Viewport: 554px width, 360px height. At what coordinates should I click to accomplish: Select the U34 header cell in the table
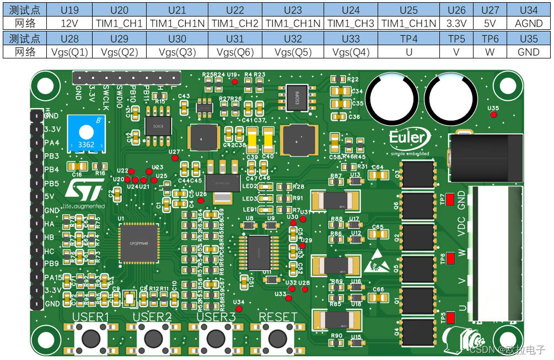(528, 10)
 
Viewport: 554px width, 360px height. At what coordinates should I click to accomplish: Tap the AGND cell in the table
(528, 23)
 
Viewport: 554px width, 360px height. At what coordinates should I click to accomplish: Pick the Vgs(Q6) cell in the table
(234, 52)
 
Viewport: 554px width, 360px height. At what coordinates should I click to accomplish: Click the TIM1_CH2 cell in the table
(234, 23)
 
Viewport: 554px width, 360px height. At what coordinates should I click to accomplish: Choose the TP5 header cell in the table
(456, 39)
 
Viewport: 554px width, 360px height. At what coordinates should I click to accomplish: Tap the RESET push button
(278, 336)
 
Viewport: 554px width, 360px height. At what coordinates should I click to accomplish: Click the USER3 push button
(216, 336)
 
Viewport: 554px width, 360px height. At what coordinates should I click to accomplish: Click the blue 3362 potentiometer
(85, 133)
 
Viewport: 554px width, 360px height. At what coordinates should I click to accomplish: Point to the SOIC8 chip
(158, 125)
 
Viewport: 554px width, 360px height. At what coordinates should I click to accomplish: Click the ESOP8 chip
(292, 98)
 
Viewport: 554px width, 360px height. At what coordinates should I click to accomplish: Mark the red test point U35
(493, 115)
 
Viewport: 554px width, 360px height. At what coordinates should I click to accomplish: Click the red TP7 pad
(450, 199)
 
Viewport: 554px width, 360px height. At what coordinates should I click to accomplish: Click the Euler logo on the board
(407, 139)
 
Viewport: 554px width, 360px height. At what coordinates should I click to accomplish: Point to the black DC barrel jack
(484, 156)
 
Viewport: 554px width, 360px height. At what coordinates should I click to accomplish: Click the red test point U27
(175, 158)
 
